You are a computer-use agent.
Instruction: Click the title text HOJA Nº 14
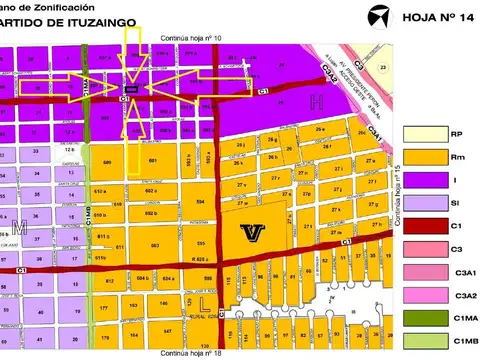pyautogui.click(x=436, y=17)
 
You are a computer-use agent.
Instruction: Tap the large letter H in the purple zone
pyautogui.click(x=315, y=101)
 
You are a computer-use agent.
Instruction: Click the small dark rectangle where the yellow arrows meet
pyautogui.click(x=131, y=89)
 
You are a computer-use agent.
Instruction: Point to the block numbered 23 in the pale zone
pyautogui.click(x=384, y=66)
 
